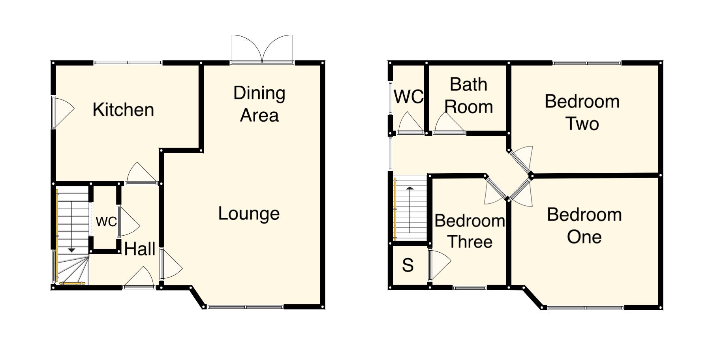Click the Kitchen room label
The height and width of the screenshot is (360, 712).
click(123, 110)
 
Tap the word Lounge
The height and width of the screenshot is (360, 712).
click(249, 214)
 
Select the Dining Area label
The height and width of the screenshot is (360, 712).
click(259, 104)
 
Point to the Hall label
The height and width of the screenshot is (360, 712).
click(139, 249)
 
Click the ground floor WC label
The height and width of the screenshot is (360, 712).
click(106, 222)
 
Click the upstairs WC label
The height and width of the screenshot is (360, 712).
click(408, 96)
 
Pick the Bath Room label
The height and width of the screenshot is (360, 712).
click(468, 96)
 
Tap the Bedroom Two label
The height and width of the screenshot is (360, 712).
click(582, 112)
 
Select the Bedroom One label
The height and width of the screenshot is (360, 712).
click(584, 225)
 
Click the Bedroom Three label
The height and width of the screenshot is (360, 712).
click(470, 231)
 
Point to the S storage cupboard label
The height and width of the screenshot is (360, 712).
click(408, 265)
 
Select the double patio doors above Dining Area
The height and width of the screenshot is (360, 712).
click(262, 49)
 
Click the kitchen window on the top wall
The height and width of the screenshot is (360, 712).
click(128, 62)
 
